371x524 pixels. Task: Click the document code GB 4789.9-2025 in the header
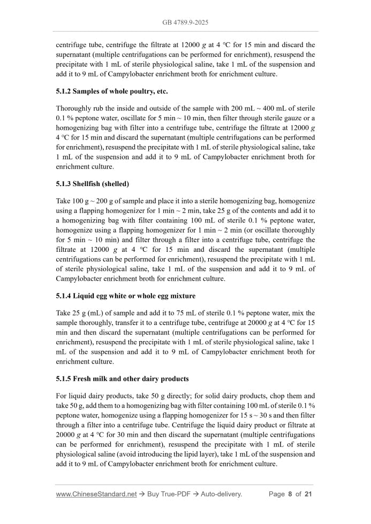(x=185, y=22)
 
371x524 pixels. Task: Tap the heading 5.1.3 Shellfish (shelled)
(x=92, y=184)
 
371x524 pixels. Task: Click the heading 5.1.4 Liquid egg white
(x=125, y=296)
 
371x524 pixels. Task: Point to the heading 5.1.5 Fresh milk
(x=122, y=379)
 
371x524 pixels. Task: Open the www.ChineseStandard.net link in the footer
(x=96, y=494)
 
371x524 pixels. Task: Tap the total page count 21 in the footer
(x=308, y=494)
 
